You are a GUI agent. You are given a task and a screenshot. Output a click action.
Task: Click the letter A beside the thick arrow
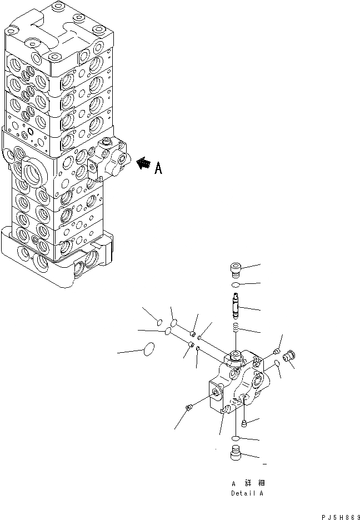pos(158,168)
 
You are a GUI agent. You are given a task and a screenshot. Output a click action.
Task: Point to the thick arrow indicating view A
pos(143,163)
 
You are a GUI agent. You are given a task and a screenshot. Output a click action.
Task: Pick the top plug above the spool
pos(235,270)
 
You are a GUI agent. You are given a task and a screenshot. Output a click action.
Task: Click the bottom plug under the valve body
pos(236,453)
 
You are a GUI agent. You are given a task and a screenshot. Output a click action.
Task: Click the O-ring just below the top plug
pos(235,284)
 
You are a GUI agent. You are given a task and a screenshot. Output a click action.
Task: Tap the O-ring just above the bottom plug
pos(236,438)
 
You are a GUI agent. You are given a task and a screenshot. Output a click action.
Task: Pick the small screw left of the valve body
pos(189,409)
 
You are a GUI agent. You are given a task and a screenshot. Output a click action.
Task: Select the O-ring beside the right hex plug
pos(276,363)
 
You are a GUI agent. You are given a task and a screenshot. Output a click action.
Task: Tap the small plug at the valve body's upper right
pos(277,351)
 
